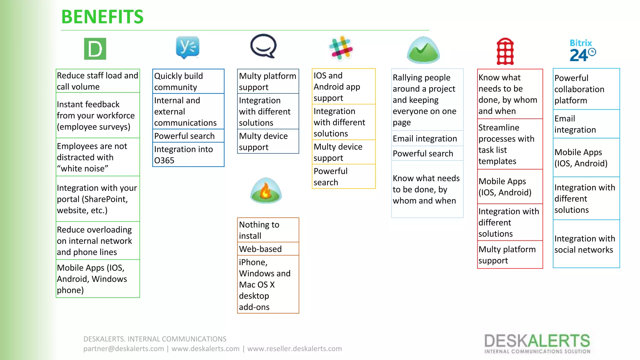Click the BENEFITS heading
point(102,17)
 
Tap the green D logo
point(95,49)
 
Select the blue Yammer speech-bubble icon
point(187,47)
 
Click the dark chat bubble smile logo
point(263,46)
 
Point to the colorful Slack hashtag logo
point(341,48)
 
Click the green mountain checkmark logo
point(423,50)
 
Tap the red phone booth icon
point(505,52)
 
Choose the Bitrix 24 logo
point(582,51)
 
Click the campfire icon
point(266,191)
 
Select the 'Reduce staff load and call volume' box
point(97,81)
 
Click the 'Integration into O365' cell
point(188,155)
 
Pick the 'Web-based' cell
point(268,249)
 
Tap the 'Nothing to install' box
point(268,230)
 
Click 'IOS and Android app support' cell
point(343,87)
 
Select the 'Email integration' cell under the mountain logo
point(427,138)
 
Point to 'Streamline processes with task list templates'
point(510,144)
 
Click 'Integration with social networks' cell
point(586,244)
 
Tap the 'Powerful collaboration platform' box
point(586,89)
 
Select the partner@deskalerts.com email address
point(123,349)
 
